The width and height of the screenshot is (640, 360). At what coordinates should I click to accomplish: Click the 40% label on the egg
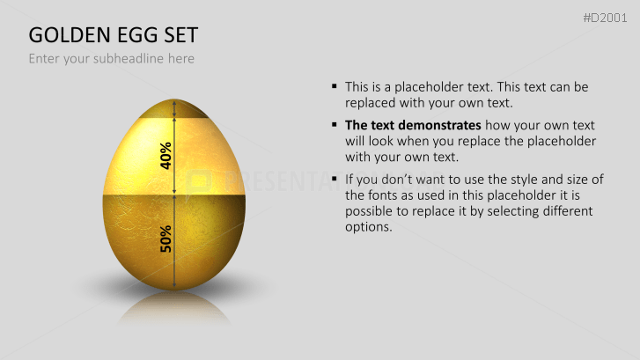tap(166, 155)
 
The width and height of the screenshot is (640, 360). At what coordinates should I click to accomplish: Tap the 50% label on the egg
tap(166, 238)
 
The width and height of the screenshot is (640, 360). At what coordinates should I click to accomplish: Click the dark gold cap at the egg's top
tap(174, 109)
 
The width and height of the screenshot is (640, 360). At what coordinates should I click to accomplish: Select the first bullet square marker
tap(335, 86)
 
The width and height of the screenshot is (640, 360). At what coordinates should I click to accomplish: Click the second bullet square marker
tap(335, 125)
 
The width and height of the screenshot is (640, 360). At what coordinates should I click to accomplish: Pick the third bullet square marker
tap(335, 180)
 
